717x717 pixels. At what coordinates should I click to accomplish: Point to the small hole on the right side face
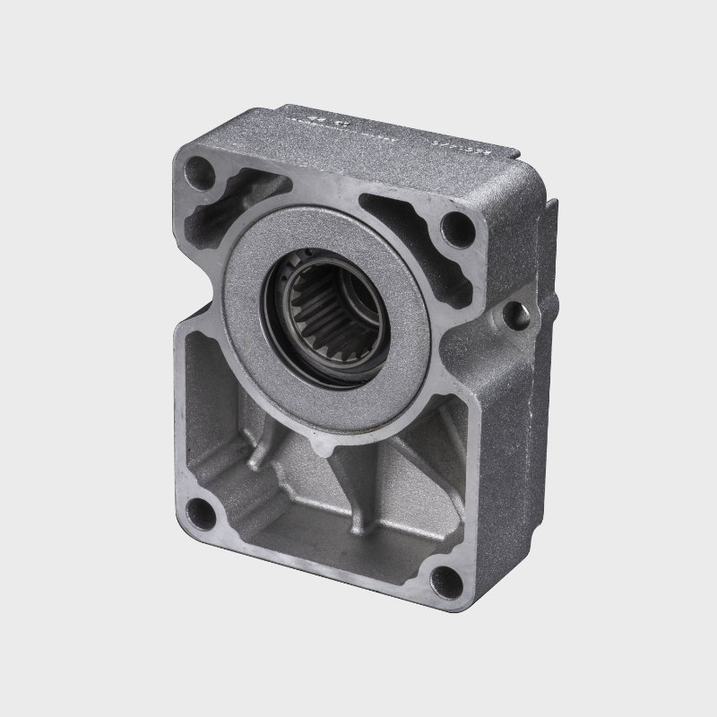pos(514,315)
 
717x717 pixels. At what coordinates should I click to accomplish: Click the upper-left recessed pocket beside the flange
pos(238,202)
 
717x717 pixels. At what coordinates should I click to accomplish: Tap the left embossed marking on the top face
pos(318,119)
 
